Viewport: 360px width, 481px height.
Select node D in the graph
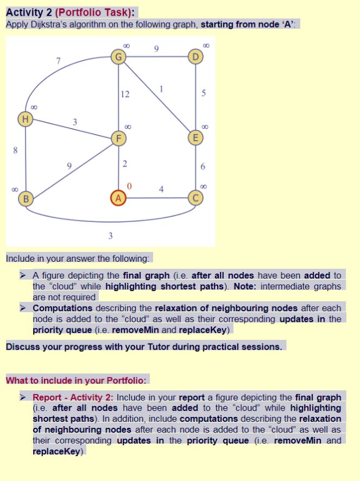[195, 55]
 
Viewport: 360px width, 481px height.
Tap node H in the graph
[25, 118]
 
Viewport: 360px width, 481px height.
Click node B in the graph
[25, 198]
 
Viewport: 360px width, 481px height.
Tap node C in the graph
[195, 198]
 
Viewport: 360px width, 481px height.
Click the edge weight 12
[125, 94]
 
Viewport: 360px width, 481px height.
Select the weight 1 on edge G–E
[161, 89]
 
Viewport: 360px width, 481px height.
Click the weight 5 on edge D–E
[203, 94]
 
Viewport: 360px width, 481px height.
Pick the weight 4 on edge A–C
[161, 189]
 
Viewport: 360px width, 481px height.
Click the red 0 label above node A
[128, 186]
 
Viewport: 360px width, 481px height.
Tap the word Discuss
[23, 346]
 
